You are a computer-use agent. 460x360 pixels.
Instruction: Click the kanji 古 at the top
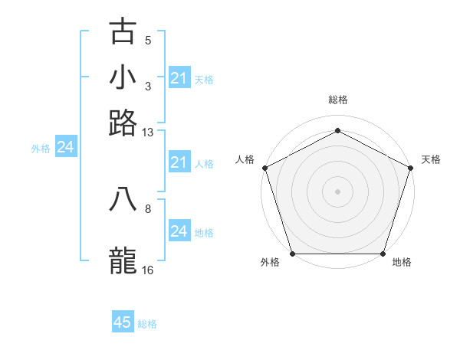tap(123, 31)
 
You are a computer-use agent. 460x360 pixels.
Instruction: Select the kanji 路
tap(123, 123)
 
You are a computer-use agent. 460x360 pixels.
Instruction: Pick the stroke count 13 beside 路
tap(148, 133)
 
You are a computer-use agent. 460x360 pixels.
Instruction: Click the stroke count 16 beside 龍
tap(148, 270)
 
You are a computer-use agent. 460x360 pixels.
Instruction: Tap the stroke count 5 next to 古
tap(148, 41)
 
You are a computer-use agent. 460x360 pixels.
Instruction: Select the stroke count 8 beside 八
tap(148, 208)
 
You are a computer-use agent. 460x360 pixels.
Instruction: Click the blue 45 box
tap(123, 322)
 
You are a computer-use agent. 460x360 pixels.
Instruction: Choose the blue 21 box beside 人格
tap(179, 162)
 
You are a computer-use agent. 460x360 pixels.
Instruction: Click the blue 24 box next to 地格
tap(179, 231)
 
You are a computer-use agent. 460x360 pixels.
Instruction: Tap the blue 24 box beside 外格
tap(65, 147)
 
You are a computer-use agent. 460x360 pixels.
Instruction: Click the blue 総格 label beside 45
tap(147, 324)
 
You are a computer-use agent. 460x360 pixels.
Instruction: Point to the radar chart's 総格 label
tap(337, 100)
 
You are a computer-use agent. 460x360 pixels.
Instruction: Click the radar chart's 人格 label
tap(245, 159)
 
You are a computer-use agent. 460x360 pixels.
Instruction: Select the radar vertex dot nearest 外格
tap(292, 254)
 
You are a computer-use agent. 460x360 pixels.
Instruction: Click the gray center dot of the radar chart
tap(337, 191)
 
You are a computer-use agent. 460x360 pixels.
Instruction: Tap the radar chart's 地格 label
tap(402, 262)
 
